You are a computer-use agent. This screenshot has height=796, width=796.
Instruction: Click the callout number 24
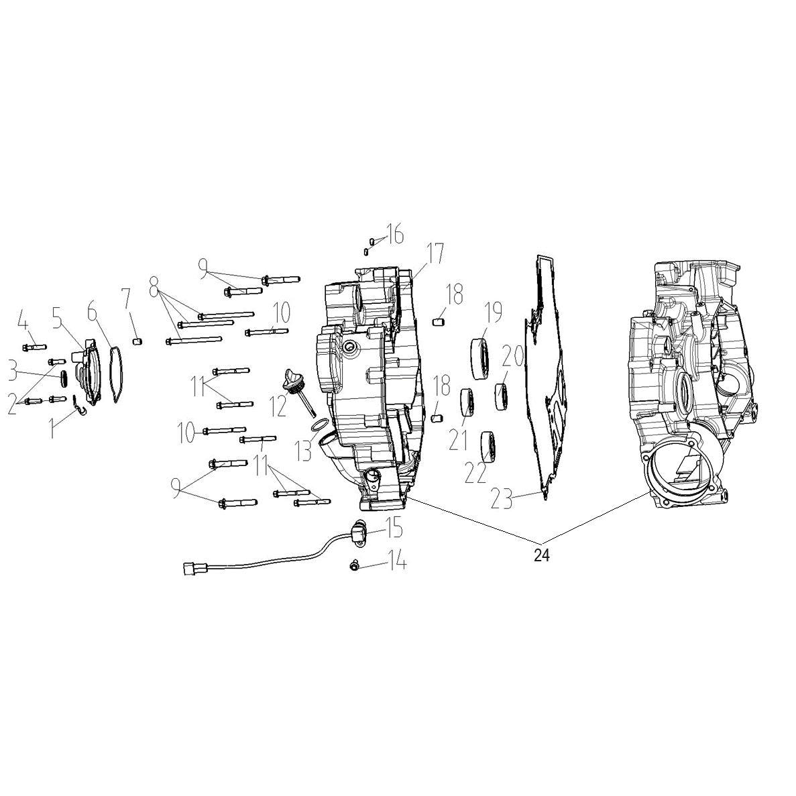coord(542,555)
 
